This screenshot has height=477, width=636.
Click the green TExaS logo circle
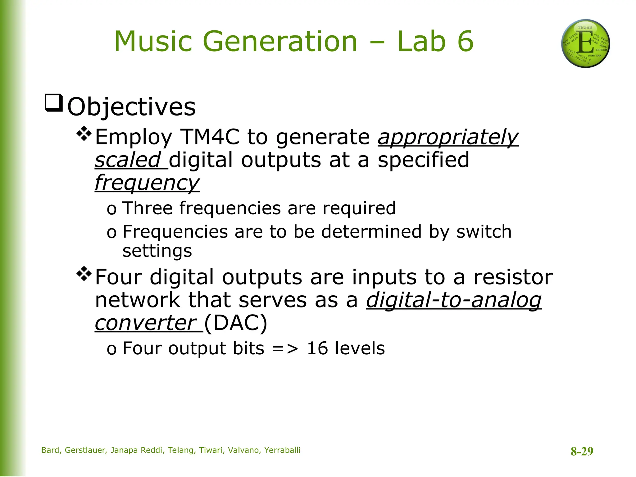coord(585,43)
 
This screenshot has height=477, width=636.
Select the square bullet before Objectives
coord(54,102)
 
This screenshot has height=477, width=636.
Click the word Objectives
coord(131,107)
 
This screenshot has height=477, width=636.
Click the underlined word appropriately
coord(448,137)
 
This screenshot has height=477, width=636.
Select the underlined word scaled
coord(128,160)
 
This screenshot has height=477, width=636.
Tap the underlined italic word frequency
coord(147,183)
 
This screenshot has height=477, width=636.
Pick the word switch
coord(484,232)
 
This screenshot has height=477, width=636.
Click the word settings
coord(157,251)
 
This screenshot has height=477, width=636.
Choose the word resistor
coord(513,277)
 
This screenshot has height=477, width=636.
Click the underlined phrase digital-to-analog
coord(454,300)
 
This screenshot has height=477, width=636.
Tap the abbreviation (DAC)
coord(236,323)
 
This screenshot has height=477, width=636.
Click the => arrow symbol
coord(285,349)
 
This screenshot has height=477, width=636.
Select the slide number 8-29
coord(582,451)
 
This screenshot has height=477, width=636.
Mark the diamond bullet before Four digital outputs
coord(84,274)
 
